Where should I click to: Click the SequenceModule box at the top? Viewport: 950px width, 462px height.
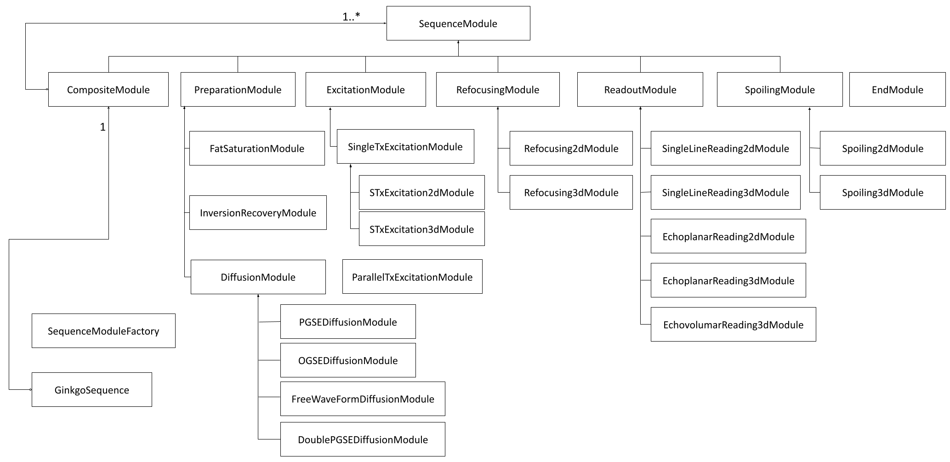458,23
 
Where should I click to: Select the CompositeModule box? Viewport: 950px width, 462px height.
108,90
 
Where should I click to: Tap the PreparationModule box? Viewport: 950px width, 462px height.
238,90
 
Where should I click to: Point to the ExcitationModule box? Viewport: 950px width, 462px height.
365,90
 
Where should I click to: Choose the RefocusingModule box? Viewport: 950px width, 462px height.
498,90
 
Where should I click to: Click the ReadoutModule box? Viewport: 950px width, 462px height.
640,90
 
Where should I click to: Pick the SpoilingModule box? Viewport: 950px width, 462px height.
779,90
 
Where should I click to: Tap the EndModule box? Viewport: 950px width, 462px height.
897,90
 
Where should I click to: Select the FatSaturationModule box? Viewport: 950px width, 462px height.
257,148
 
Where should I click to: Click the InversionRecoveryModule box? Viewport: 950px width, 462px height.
258,213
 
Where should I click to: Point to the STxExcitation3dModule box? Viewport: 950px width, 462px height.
421,229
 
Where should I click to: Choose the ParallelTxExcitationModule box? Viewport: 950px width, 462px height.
412,277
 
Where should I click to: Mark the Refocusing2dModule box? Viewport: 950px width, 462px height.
571,148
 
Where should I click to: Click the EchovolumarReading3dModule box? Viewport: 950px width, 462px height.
733,325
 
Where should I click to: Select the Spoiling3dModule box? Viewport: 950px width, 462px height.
882,193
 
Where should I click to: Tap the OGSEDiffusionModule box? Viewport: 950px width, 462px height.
348,360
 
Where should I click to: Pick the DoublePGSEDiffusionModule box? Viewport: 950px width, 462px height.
363,439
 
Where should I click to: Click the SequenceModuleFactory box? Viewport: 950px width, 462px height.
103,331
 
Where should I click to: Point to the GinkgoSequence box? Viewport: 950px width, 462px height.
91,390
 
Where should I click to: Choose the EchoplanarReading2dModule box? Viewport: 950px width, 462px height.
728,236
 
